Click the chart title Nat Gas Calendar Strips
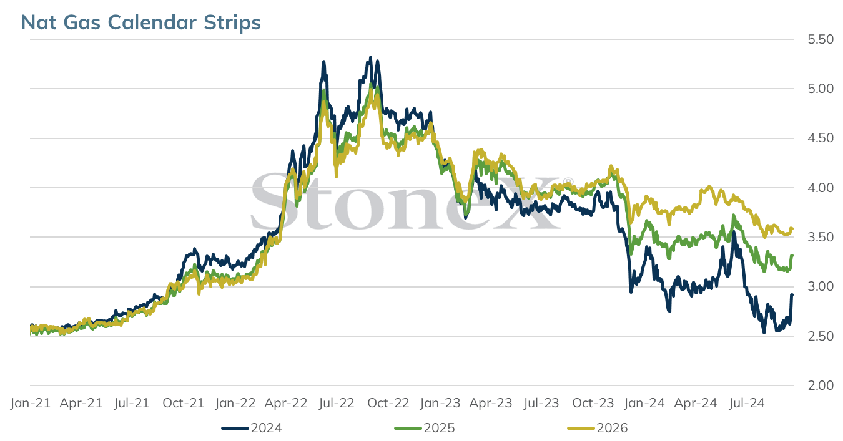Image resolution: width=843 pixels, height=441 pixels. click(x=140, y=22)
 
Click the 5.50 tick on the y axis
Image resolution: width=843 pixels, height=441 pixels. click(x=821, y=39)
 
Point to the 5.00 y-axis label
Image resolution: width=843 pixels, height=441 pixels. click(x=821, y=89)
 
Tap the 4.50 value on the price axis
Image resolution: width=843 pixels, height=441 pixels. click(x=821, y=138)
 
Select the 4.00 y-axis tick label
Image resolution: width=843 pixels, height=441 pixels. click(x=821, y=188)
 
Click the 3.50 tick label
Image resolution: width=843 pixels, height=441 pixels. click(x=821, y=237)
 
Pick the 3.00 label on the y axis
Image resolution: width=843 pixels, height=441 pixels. click(x=821, y=286)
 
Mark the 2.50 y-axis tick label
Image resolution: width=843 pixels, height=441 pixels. click(x=821, y=336)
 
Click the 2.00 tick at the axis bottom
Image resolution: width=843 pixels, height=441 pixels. click(x=821, y=385)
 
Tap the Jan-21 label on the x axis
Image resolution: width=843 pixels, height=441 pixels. click(x=31, y=404)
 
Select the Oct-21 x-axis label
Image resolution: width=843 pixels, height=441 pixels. click(x=184, y=404)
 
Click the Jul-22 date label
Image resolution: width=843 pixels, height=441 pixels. click(x=337, y=404)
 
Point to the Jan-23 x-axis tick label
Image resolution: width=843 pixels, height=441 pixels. click(x=440, y=404)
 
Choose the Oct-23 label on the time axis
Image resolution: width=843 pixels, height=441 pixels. click(x=593, y=404)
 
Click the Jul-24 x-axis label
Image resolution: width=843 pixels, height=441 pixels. click(x=747, y=404)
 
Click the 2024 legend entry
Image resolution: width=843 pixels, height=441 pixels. click(x=252, y=429)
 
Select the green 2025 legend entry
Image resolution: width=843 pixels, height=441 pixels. click(x=425, y=429)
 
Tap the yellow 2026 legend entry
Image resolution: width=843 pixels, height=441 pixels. click(x=598, y=429)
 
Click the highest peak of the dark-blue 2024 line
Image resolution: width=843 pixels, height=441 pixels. click(x=371, y=57)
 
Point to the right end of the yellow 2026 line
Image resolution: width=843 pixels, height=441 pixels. click(x=792, y=228)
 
